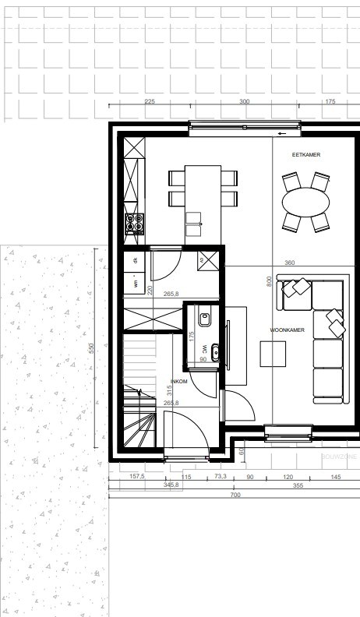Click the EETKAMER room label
click(306, 155)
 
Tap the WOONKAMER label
click(287, 330)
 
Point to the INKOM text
click(179, 382)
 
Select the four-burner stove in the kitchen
click(135, 224)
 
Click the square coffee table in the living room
click(274, 354)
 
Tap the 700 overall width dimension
click(235, 495)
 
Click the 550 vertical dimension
click(91, 348)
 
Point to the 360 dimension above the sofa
click(290, 263)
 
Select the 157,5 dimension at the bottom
click(137, 476)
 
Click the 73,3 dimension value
click(220, 476)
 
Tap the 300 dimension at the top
click(244, 102)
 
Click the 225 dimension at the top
click(150, 102)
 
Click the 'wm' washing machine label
click(135, 285)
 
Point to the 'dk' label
click(135, 260)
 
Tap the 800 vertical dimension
click(269, 280)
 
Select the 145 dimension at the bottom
click(336, 476)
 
